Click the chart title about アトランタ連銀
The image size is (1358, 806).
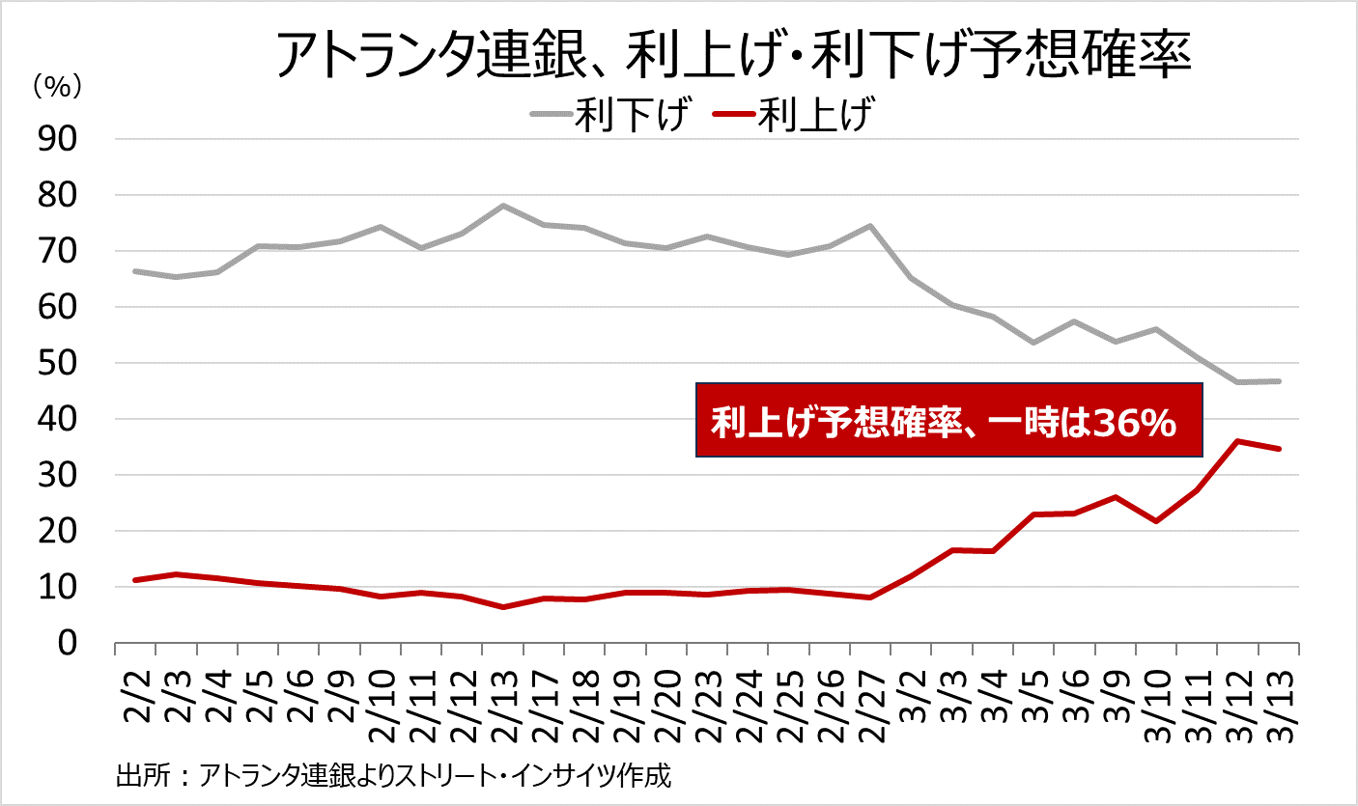point(734,56)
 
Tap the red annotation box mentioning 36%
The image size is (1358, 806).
point(948,421)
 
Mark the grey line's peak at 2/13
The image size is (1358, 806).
point(503,206)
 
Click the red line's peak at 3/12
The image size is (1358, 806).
point(1237,441)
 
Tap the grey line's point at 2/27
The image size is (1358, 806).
point(870,226)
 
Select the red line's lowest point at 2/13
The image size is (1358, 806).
point(503,607)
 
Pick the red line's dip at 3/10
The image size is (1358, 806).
point(1155,521)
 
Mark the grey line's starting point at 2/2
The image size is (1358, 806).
point(136,271)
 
